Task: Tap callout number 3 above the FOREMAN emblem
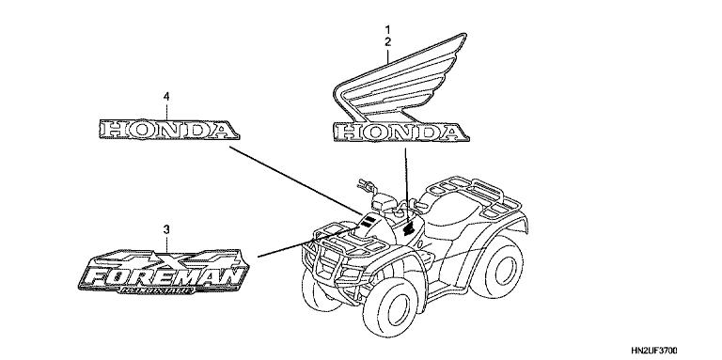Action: coord(166,229)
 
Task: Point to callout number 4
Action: coord(166,97)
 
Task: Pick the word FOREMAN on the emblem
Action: coord(164,274)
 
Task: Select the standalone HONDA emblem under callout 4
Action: coord(166,130)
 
